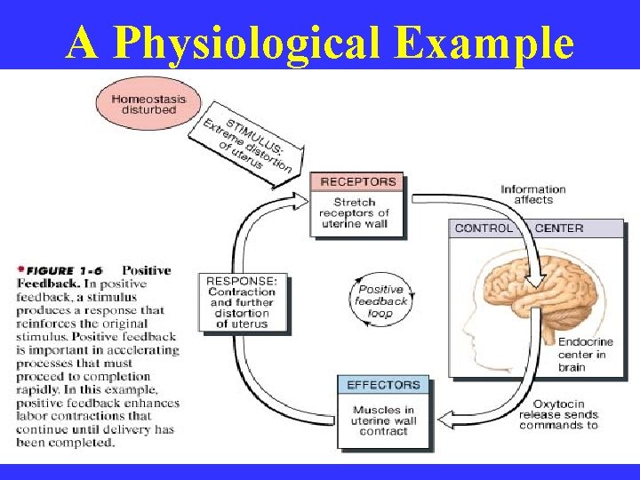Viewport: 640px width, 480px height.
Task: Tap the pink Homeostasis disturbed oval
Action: (x=148, y=104)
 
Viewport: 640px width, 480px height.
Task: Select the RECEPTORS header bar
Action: (x=357, y=182)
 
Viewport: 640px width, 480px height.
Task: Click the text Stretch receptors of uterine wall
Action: (x=356, y=213)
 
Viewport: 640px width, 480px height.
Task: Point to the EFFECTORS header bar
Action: (x=383, y=385)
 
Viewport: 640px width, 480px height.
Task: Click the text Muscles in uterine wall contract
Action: (x=383, y=420)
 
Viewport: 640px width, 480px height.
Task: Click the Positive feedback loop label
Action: (x=382, y=300)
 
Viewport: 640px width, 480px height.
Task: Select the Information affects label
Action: (x=533, y=194)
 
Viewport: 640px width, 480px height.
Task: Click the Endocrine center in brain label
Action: (x=582, y=355)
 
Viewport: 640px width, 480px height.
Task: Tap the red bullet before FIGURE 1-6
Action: (x=20, y=268)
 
